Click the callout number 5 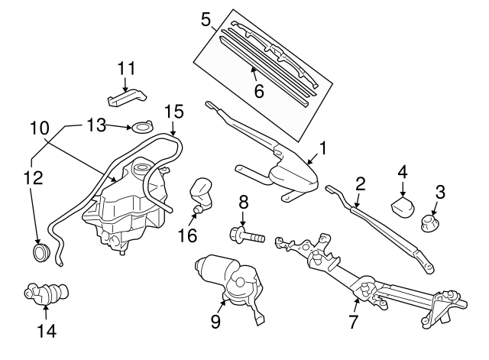(205, 18)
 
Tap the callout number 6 (258, 91)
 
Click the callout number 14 (46, 331)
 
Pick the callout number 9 (216, 321)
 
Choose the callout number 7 (353, 321)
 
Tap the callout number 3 (440, 190)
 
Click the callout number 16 (188, 235)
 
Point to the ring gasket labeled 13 (141, 126)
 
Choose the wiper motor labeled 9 (233, 281)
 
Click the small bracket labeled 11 (125, 98)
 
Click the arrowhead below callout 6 (253, 72)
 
